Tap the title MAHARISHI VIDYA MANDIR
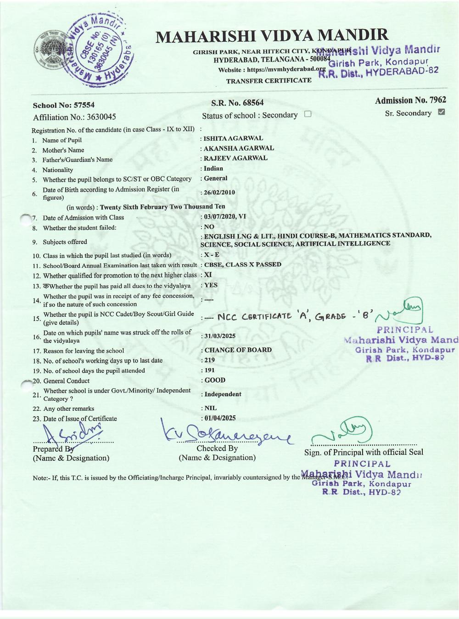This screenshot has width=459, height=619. point(272,36)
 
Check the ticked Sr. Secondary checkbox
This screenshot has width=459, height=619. point(442,112)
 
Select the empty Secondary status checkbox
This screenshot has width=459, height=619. point(308,114)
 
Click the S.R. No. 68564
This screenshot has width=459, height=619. point(237,103)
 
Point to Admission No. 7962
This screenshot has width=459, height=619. point(410,100)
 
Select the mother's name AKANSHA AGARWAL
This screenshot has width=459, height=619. point(239,148)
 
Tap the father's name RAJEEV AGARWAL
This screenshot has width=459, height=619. point(235,158)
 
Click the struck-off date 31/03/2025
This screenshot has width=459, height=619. point(220,336)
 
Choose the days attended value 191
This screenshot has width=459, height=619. point(209,370)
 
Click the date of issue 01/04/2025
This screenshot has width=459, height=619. point(220,418)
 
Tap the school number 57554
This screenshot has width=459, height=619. point(83,105)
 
